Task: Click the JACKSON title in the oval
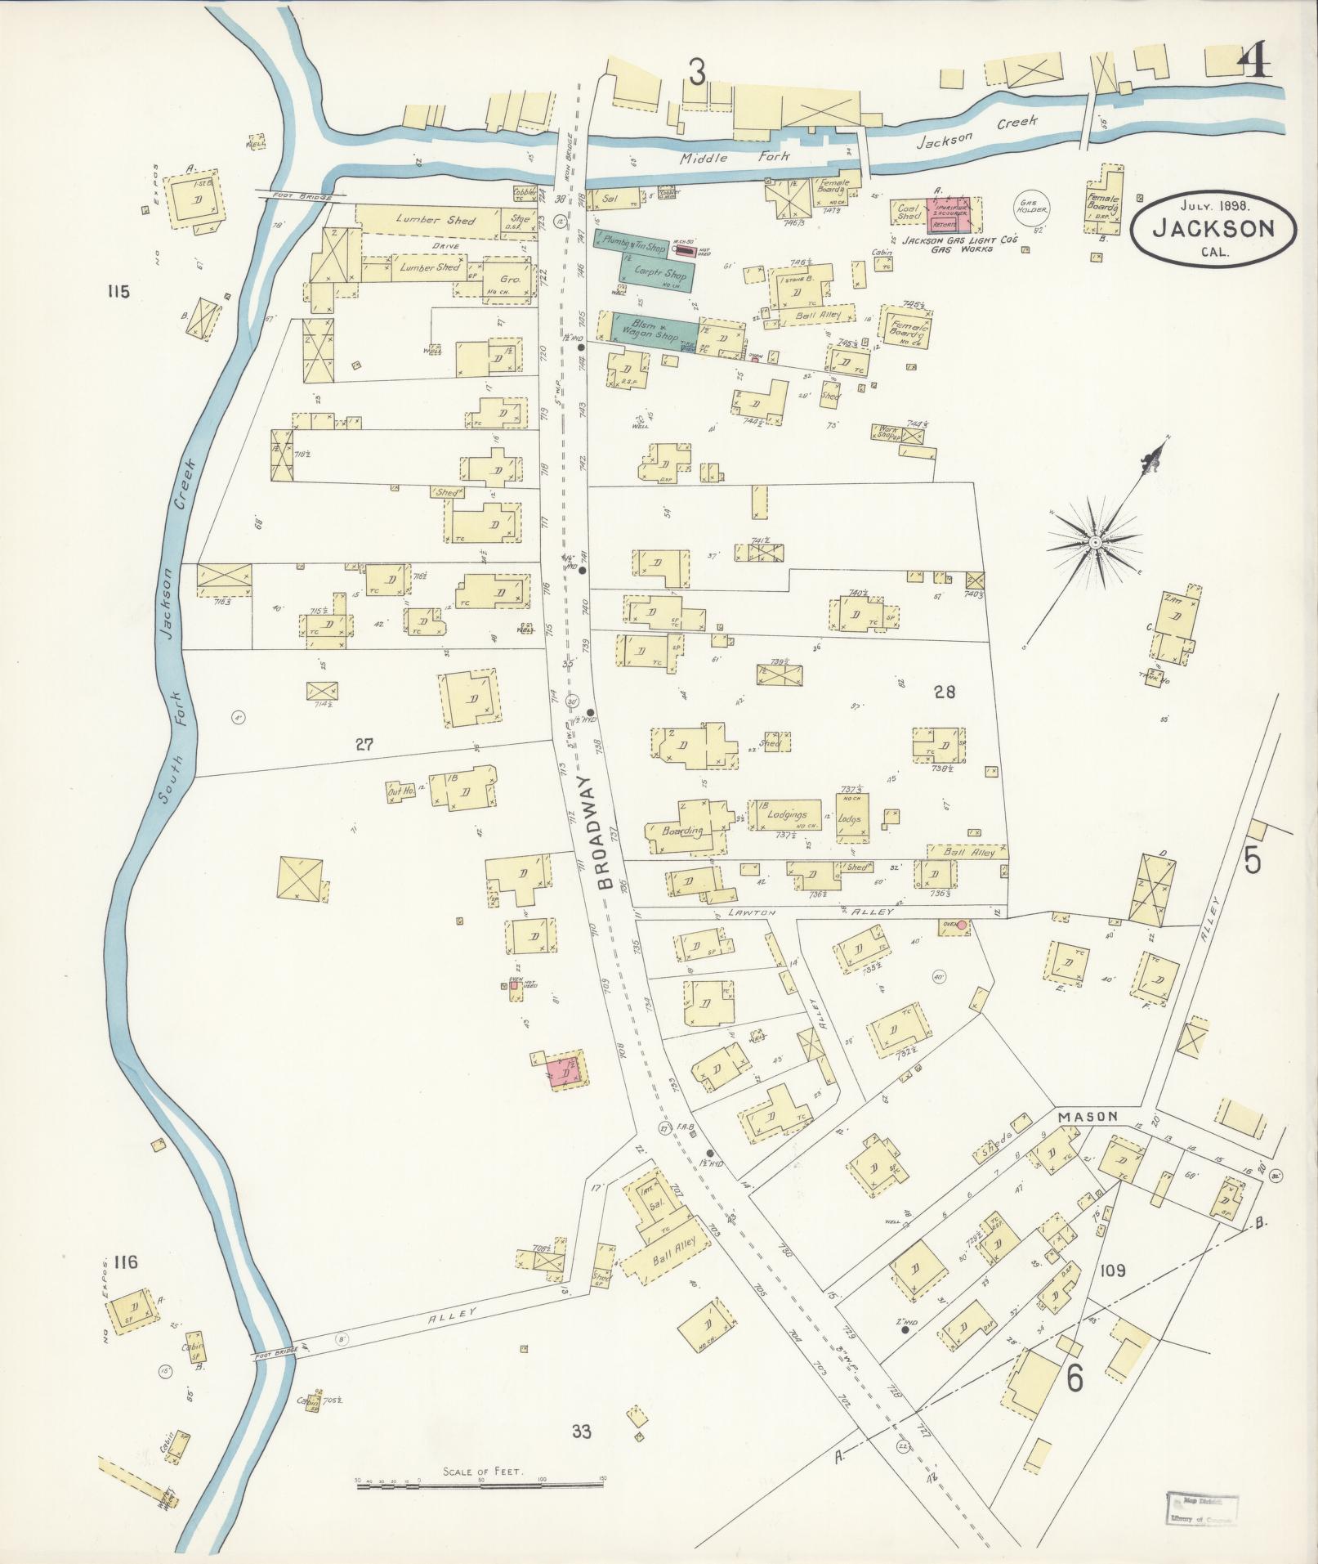[x=1213, y=228]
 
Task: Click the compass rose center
[x=1093, y=542]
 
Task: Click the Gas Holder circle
[x=1030, y=209]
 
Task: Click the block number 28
[x=944, y=692]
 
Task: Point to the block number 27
[x=364, y=744]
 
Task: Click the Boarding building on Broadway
[x=684, y=830]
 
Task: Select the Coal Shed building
[x=909, y=212]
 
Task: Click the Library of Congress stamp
[x=1201, y=1506]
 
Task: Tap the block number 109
[x=1112, y=1270]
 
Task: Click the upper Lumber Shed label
[x=424, y=220]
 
